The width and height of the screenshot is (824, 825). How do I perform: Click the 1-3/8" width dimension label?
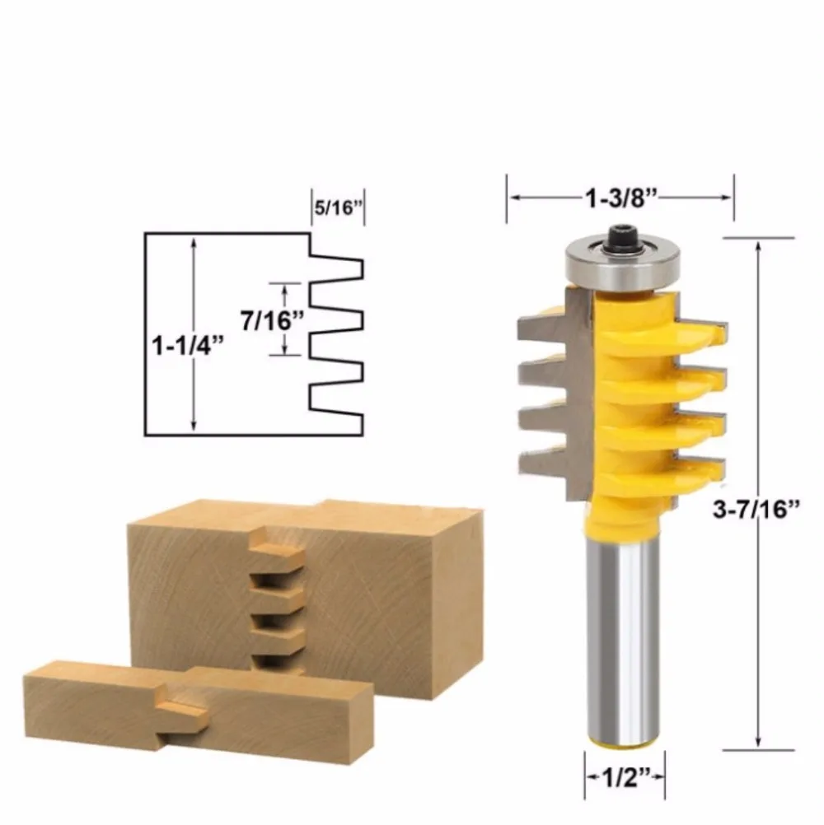622,198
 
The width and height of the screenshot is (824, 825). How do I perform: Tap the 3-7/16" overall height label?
756,510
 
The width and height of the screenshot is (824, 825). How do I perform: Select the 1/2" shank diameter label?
625,776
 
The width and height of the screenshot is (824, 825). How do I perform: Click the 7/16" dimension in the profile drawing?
272,320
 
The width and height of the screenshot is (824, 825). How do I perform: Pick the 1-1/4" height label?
188,346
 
